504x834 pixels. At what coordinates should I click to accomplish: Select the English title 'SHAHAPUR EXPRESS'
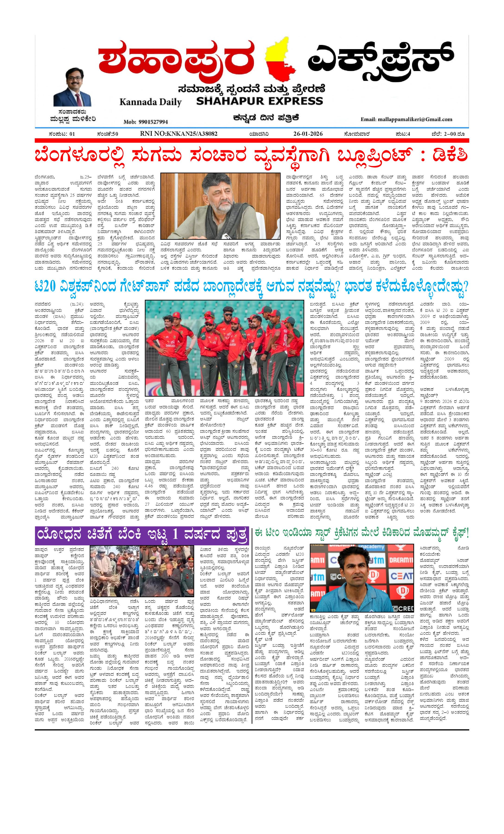[x=259, y=101]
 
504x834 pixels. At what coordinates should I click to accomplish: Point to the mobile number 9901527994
[x=146, y=122]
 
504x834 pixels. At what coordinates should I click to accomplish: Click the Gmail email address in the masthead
[x=406, y=119]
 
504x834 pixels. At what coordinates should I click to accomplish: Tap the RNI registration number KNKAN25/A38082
[x=178, y=134]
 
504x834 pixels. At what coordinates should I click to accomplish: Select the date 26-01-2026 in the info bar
[x=308, y=134]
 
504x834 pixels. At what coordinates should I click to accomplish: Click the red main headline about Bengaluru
[x=251, y=156]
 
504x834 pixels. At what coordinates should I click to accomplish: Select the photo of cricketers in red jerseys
[x=224, y=347]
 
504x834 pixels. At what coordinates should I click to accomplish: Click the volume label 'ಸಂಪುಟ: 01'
[x=62, y=134]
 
